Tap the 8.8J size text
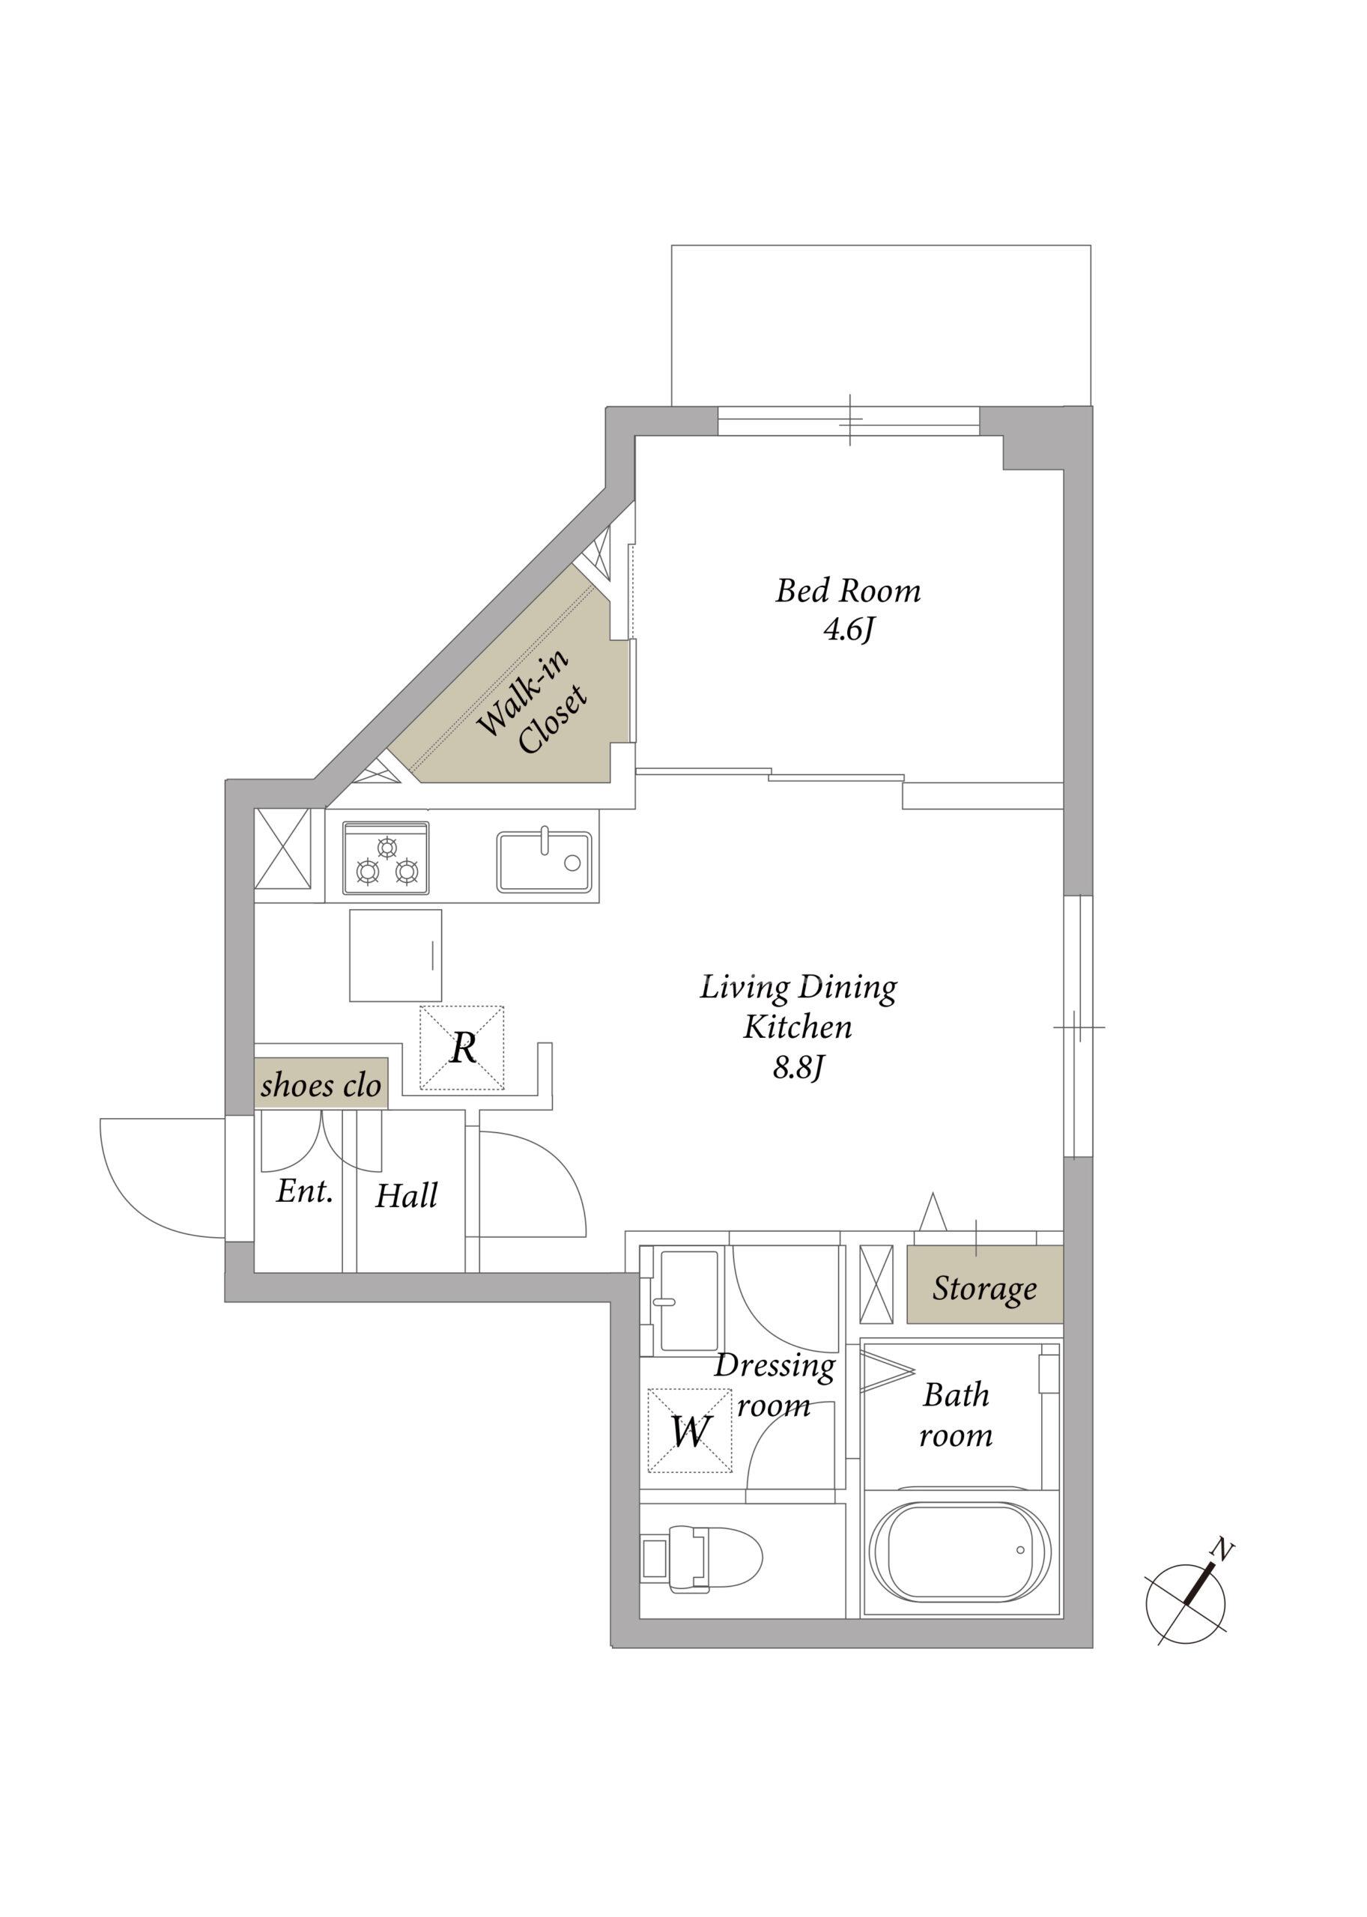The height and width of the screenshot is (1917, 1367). tap(798, 1068)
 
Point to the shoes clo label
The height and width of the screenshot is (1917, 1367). tap(321, 1085)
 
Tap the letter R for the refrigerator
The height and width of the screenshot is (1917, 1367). tap(464, 1048)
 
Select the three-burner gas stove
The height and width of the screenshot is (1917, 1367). tap(386, 857)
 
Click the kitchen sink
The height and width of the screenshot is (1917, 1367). tap(544, 861)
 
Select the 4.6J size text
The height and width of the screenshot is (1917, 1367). tap(849, 631)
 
